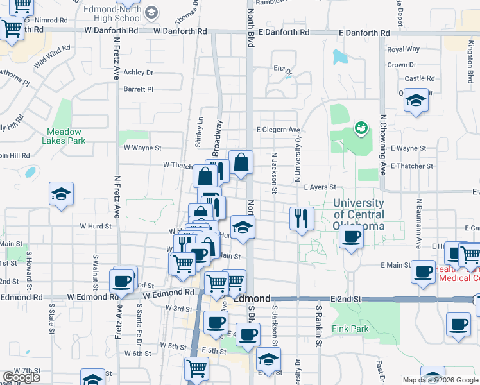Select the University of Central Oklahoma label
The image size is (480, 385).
(359, 214)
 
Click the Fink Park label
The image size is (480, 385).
(350, 329)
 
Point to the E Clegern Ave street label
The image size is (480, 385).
(279, 130)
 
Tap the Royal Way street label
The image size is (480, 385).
(403, 49)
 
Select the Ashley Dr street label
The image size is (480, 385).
(139, 73)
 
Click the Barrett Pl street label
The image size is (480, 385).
(139, 89)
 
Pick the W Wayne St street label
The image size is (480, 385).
(142, 148)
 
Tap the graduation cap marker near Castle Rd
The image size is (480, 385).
(416, 101)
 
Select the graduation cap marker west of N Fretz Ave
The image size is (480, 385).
(61, 194)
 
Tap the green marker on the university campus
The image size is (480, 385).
(360, 128)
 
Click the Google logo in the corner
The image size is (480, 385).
(22, 377)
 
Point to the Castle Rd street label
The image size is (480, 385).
(420, 78)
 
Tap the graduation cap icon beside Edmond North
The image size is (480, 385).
(152, 12)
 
